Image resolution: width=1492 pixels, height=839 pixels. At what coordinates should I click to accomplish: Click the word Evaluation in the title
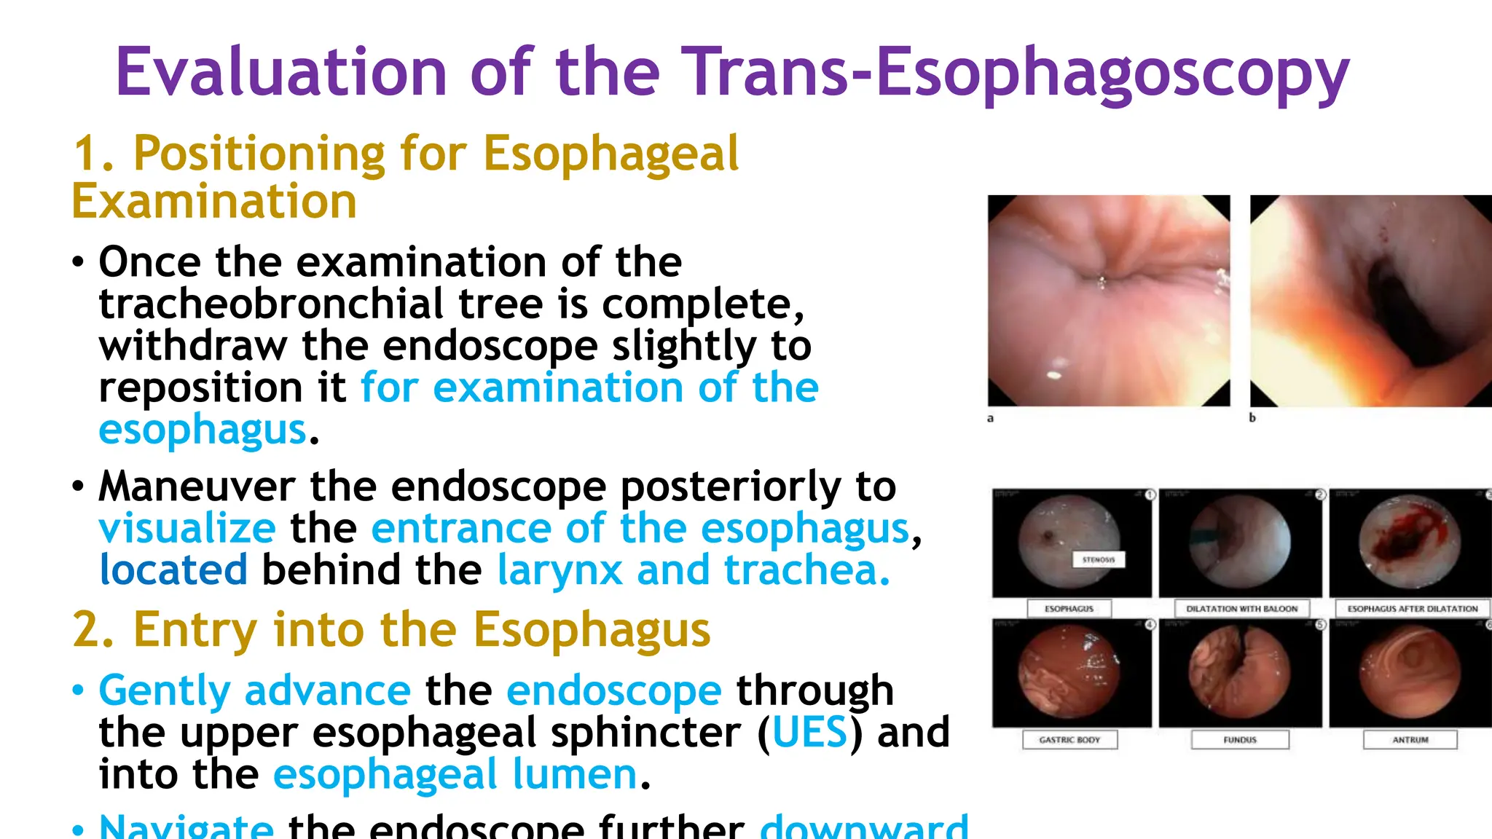280,73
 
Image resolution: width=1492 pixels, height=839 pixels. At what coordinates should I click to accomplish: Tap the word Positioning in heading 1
259,154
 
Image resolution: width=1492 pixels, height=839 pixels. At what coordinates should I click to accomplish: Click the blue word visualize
187,529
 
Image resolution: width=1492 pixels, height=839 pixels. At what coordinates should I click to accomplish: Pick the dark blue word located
173,570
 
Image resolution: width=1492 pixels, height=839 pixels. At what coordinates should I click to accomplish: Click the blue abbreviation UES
809,733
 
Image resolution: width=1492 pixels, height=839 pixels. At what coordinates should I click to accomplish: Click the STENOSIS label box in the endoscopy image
1099,559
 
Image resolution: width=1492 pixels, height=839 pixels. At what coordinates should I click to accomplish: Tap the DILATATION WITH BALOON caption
1241,609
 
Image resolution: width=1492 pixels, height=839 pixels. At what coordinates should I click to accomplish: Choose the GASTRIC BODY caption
1069,740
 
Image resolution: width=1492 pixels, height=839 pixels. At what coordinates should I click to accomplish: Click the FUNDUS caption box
1240,740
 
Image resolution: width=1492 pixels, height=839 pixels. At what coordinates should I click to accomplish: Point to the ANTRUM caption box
1410,740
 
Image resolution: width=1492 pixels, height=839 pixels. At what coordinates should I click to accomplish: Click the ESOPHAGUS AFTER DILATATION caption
1412,609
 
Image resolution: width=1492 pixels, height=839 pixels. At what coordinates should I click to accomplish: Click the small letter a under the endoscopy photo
990,418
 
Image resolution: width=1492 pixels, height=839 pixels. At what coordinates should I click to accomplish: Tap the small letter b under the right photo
1252,418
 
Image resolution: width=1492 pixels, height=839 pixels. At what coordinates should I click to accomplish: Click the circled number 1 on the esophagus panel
1150,495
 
